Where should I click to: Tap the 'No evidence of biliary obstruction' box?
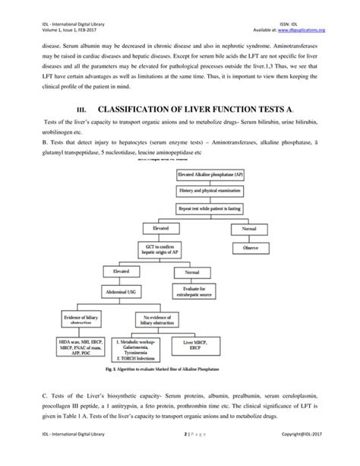[160, 317]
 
